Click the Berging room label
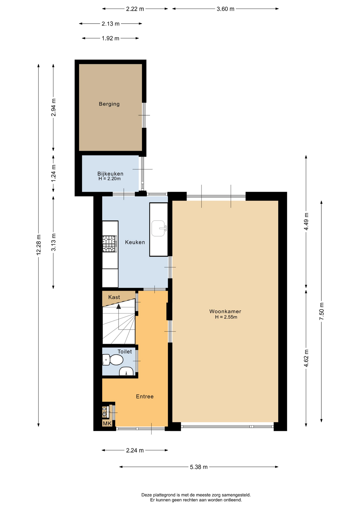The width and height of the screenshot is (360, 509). click(x=109, y=104)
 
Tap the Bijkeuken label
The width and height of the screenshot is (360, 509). click(x=110, y=174)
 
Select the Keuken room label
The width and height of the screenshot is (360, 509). click(x=135, y=242)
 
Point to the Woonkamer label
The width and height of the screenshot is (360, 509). click(x=225, y=311)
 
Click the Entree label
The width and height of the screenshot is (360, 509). click(x=145, y=396)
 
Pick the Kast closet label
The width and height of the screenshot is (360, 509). click(x=114, y=297)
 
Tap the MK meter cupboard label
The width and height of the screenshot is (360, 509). click(x=107, y=423)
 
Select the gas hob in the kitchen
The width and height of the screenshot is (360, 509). click(x=110, y=244)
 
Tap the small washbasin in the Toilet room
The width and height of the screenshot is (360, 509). click(x=126, y=371)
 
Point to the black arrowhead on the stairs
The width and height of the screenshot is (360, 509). click(x=118, y=306)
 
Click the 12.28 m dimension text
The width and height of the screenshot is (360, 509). click(x=39, y=245)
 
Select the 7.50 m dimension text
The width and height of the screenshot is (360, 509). click(x=322, y=311)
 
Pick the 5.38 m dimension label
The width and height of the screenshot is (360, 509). click(x=199, y=467)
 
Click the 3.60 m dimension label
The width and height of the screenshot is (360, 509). click(x=226, y=9)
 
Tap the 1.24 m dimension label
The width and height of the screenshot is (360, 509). click(x=54, y=173)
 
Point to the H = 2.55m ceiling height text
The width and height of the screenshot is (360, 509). click(x=226, y=317)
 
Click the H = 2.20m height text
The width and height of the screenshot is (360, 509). click(x=109, y=179)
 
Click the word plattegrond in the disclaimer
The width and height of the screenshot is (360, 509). click(x=162, y=495)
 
